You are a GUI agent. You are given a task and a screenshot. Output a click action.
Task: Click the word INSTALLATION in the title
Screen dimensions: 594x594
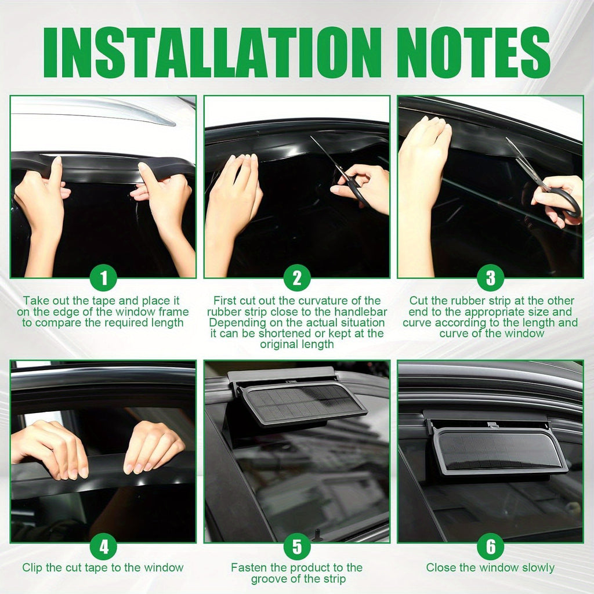(212, 52)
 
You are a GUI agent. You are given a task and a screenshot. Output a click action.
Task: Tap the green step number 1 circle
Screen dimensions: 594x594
(104, 278)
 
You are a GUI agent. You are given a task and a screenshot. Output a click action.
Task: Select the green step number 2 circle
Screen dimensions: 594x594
(297, 278)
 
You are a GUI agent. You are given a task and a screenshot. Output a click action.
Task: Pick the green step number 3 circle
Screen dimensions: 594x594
(491, 278)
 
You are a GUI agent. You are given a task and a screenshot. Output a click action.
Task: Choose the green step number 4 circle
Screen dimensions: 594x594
(104, 546)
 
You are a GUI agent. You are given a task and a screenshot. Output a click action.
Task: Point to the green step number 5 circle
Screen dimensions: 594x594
(297, 546)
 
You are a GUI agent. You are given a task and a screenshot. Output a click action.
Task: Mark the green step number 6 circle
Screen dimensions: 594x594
(491, 546)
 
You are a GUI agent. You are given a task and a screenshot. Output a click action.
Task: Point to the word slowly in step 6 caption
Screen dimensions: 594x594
(538, 567)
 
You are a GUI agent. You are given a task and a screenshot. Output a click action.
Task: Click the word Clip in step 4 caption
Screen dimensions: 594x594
(31, 567)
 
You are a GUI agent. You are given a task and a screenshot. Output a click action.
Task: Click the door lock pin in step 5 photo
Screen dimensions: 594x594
(317, 535)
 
